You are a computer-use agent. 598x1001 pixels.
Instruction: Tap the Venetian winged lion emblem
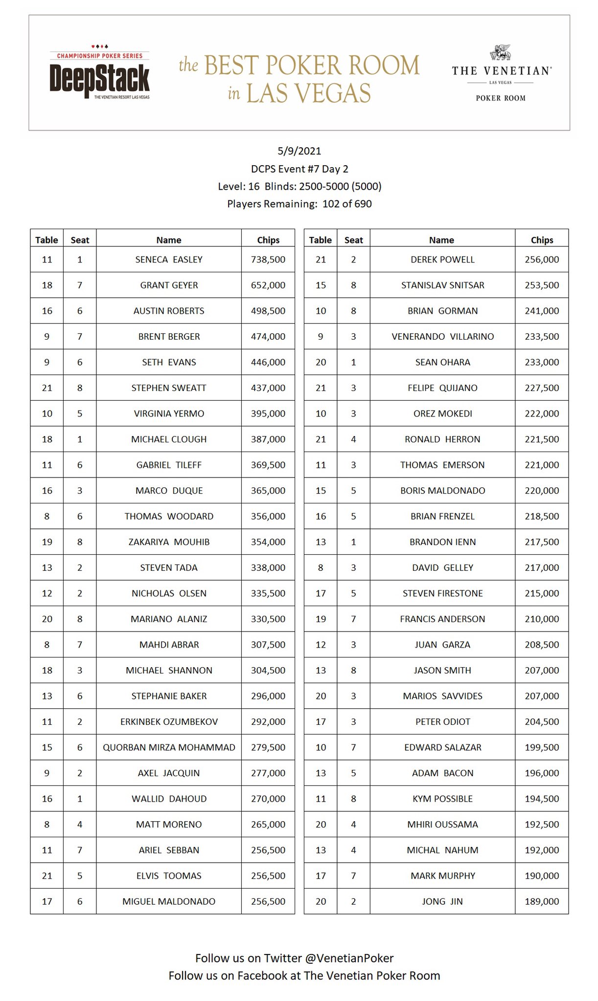pyautogui.click(x=501, y=52)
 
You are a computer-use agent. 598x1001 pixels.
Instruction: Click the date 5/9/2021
pyautogui.click(x=299, y=151)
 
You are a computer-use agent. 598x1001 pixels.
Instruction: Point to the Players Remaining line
pyautogui.click(x=299, y=204)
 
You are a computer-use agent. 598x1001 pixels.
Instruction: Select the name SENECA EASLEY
pyautogui.click(x=169, y=260)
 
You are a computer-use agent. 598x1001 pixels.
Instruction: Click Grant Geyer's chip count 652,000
pyautogui.click(x=268, y=285)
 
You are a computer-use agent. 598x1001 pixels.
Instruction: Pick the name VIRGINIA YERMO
pyautogui.click(x=169, y=413)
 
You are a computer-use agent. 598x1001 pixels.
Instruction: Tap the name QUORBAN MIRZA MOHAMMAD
pyautogui.click(x=169, y=747)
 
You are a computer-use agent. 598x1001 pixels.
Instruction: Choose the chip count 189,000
pyautogui.click(x=542, y=901)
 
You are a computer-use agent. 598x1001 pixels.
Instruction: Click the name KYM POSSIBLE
pyautogui.click(x=442, y=799)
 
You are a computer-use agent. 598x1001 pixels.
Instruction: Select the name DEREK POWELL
pyautogui.click(x=442, y=260)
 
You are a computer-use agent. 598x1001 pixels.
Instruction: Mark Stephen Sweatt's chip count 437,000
pyautogui.click(x=268, y=388)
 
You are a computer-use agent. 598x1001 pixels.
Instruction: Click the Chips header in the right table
pyautogui.click(x=542, y=240)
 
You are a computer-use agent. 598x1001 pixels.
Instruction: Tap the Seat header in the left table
pyautogui.click(x=80, y=240)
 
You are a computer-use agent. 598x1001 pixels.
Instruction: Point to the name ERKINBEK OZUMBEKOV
pyautogui.click(x=169, y=721)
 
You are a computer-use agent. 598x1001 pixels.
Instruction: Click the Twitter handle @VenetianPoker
pyautogui.click(x=349, y=958)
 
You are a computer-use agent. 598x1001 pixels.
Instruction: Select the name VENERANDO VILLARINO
pyautogui.click(x=442, y=336)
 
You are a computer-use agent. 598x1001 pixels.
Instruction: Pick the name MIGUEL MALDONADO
pyautogui.click(x=169, y=901)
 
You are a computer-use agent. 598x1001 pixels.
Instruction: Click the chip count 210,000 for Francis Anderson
pyautogui.click(x=542, y=619)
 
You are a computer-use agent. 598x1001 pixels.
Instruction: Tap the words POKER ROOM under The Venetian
pyautogui.click(x=501, y=98)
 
